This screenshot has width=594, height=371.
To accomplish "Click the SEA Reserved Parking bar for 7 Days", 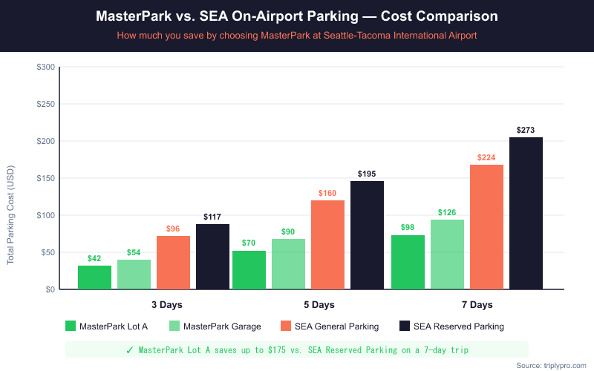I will [526, 213].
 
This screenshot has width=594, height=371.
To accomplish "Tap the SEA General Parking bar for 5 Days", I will [327, 245].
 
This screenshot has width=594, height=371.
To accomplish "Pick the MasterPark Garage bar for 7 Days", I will [447, 255].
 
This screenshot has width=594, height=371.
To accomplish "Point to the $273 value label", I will [526, 131].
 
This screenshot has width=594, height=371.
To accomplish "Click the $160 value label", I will [327, 194].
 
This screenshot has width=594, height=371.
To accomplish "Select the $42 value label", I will [94, 259].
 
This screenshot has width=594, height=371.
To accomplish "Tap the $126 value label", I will [447, 213].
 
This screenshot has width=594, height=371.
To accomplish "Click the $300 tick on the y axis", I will [45, 68].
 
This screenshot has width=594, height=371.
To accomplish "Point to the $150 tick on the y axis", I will [45, 178].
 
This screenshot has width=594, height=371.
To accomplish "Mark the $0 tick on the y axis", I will [49, 289].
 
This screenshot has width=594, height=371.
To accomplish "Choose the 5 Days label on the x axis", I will [319, 305].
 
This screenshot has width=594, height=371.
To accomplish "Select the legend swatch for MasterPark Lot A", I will [71, 326].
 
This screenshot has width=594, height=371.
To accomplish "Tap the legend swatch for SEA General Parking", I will [287, 326].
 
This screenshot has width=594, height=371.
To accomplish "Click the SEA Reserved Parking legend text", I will [459, 326].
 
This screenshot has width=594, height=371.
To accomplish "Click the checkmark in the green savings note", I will [130, 349].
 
